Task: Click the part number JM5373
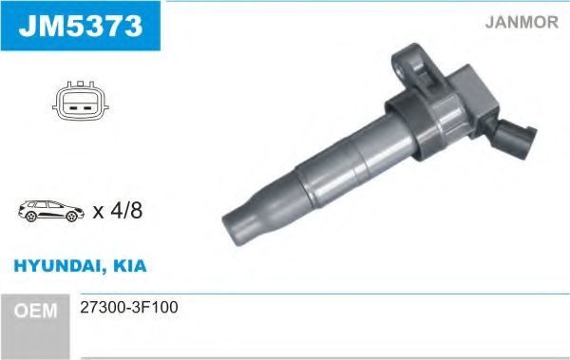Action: click(81, 26)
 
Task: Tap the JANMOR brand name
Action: click(522, 22)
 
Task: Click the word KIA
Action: click(130, 266)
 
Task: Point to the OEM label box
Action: click(35, 326)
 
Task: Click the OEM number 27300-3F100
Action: click(129, 307)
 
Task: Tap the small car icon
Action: click(51, 211)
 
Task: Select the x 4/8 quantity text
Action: click(118, 211)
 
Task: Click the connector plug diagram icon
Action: click(81, 101)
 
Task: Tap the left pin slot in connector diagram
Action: click(73, 108)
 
